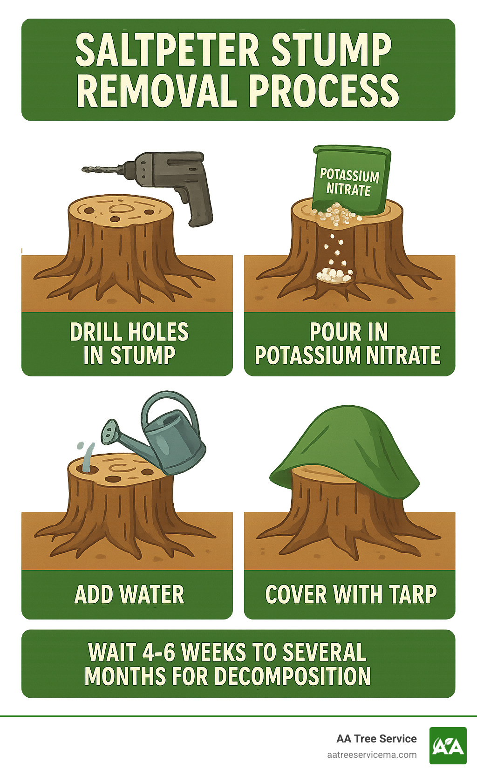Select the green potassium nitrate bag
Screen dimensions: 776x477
(x=350, y=179)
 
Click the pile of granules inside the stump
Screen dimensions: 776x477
(x=334, y=275)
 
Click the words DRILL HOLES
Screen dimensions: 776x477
(x=129, y=332)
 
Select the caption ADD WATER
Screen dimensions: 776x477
(x=129, y=595)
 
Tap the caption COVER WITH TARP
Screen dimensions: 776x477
(x=350, y=595)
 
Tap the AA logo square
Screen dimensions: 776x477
(x=448, y=746)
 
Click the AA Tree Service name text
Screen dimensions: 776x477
(x=376, y=739)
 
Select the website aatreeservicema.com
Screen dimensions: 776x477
(x=372, y=755)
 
